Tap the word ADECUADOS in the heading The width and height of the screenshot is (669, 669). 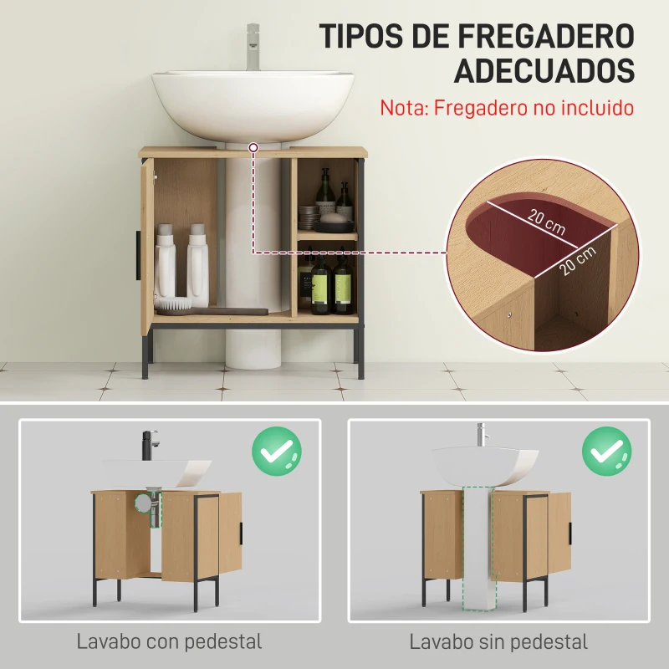click(x=544, y=70)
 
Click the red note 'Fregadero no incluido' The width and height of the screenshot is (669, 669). click(x=507, y=108)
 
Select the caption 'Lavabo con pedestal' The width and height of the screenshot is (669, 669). click(x=169, y=642)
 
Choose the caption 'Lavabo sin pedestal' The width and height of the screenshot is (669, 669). click(x=498, y=642)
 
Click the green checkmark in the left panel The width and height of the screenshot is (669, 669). click(x=276, y=452)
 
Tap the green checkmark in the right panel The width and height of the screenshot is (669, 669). click(x=607, y=452)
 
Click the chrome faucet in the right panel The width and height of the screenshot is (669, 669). click(x=481, y=434)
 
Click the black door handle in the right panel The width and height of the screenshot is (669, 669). click(x=569, y=532)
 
